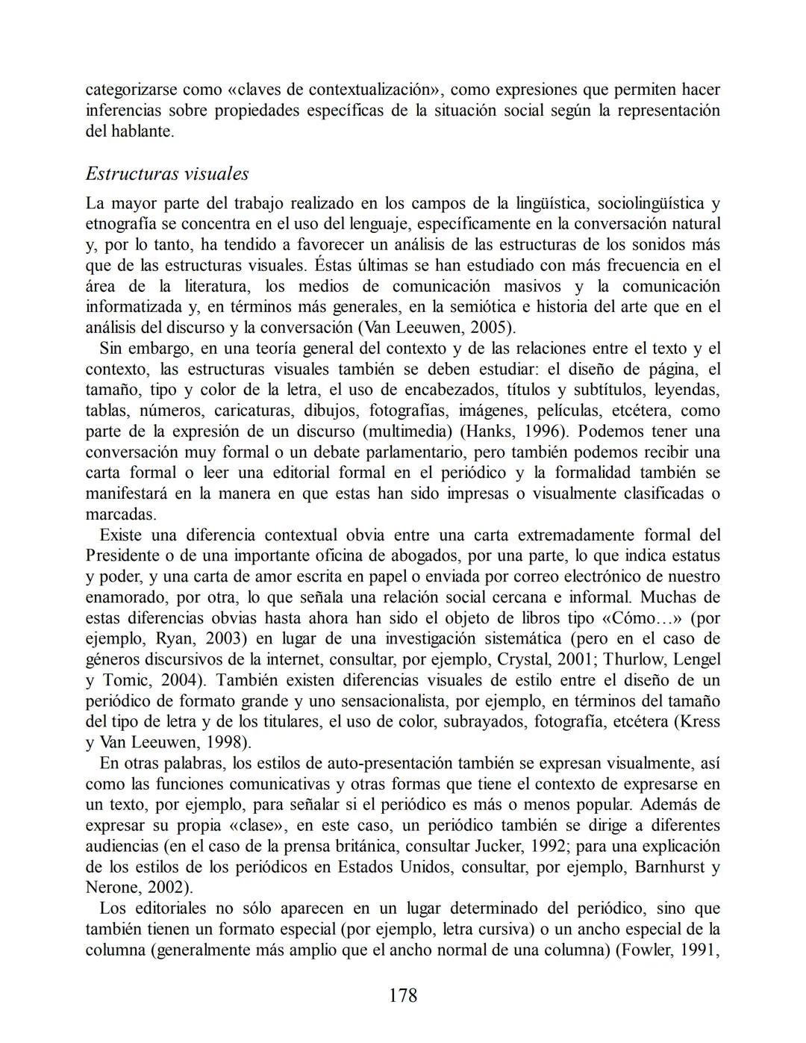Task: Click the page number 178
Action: tap(403, 994)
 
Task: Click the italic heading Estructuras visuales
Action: tap(167, 174)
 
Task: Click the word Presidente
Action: tap(125, 556)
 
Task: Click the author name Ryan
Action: tap(173, 639)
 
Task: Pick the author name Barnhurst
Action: tap(667, 868)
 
